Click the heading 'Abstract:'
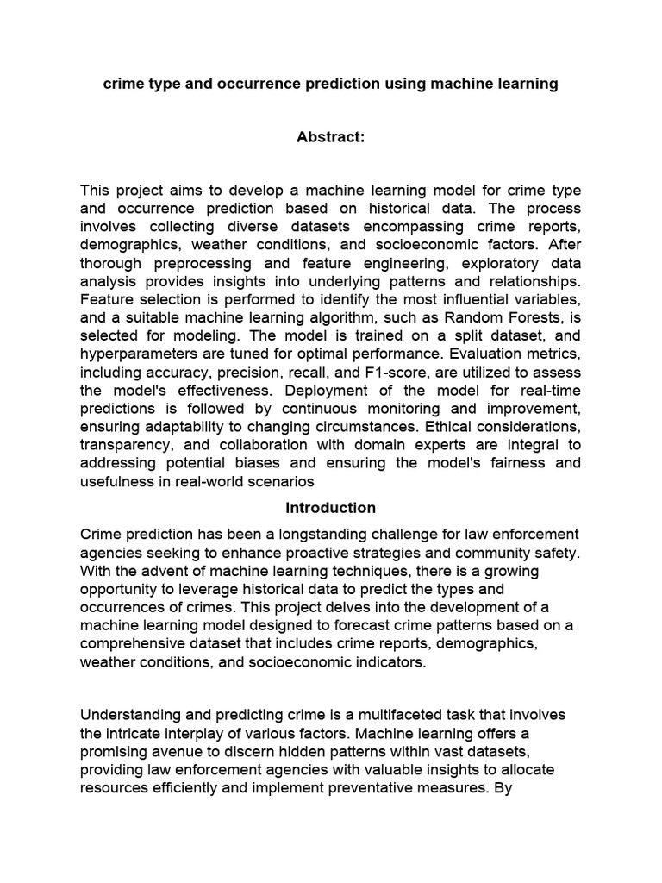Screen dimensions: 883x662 (x=331, y=136)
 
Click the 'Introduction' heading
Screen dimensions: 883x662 (x=331, y=508)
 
